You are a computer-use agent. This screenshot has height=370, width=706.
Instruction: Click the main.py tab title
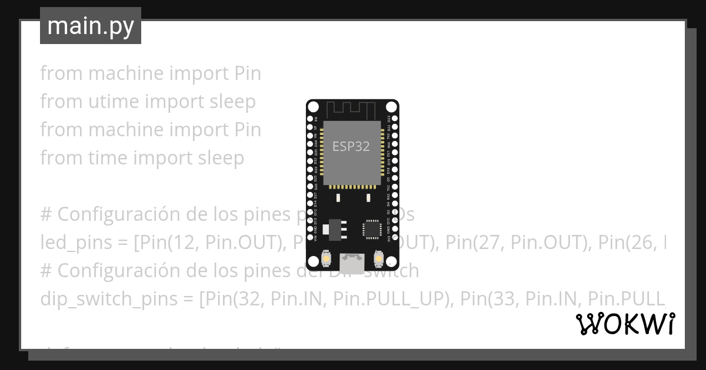coord(91,26)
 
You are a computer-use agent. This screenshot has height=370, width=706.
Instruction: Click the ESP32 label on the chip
coord(351,146)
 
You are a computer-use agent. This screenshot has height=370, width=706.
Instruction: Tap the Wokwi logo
coord(625,324)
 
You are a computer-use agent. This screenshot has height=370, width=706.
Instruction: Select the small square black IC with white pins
coord(372,228)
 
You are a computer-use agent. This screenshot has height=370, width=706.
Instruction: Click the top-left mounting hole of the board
coord(314,107)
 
